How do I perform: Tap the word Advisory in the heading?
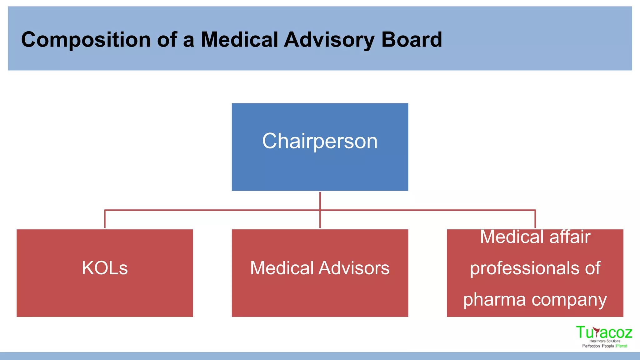pyautogui.click(x=329, y=40)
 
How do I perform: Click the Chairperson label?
pyautogui.click(x=320, y=141)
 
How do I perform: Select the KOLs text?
pyautogui.click(x=105, y=268)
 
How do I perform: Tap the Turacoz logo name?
pyautogui.click(x=604, y=332)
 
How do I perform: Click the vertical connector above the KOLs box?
pyautogui.click(x=105, y=219)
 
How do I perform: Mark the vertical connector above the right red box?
pyautogui.click(x=535, y=219)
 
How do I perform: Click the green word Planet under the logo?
pyautogui.click(x=622, y=346)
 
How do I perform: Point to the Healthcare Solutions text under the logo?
pyautogui.click(x=605, y=341)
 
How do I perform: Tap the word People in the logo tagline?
pyautogui.click(x=608, y=346)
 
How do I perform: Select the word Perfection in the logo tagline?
pyautogui.click(x=591, y=346)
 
